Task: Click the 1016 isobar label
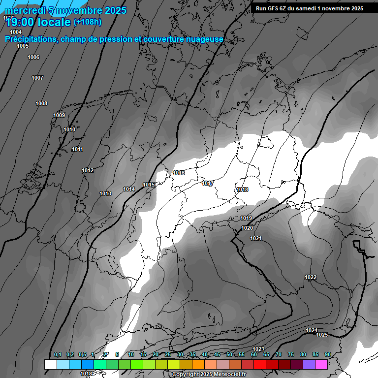click(x=179, y=173)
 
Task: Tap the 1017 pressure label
click(x=208, y=183)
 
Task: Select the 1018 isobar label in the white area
click(x=242, y=189)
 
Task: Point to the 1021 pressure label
click(x=256, y=238)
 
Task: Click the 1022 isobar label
click(x=311, y=277)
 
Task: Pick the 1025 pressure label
click(x=322, y=335)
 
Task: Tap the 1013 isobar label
click(x=105, y=193)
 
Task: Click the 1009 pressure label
click(x=59, y=115)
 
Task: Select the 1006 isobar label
click(x=33, y=57)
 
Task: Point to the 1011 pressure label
click(x=77, y=149)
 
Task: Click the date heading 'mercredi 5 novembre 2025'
click(x=65, y=10)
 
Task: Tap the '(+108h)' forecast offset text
click(x=88, y=22)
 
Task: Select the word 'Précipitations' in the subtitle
click(x=30, y=39)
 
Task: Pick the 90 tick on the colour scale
click(x=327, y=354)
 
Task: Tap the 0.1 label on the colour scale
click(x=58, y=354)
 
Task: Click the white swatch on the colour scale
click(x=50, y=364)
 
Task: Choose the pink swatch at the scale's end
click(x=321, y=364)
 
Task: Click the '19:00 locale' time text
click(x=38, y=22)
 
